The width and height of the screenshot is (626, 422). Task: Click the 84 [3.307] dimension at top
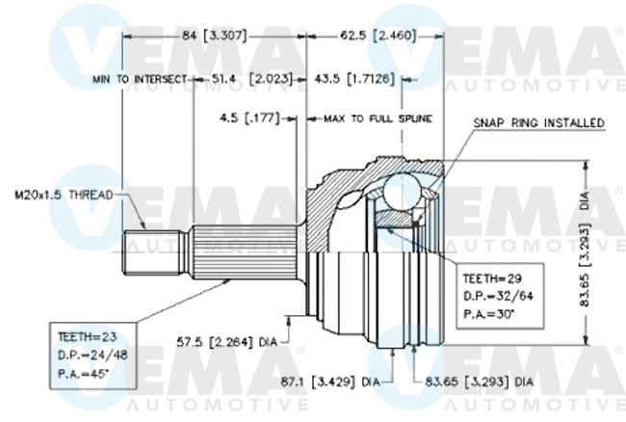pos(215,35)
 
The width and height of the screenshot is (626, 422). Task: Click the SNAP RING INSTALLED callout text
pos(538,123)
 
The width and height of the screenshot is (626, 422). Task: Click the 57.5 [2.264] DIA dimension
pos(226,340)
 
